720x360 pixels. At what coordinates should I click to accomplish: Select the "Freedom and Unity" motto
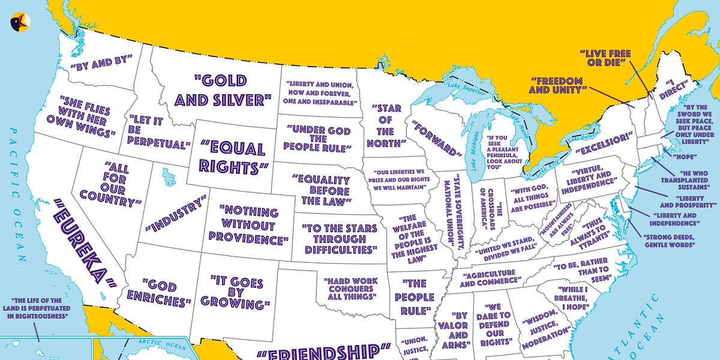(557, 85)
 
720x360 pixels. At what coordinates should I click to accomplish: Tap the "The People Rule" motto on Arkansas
(415, 296)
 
